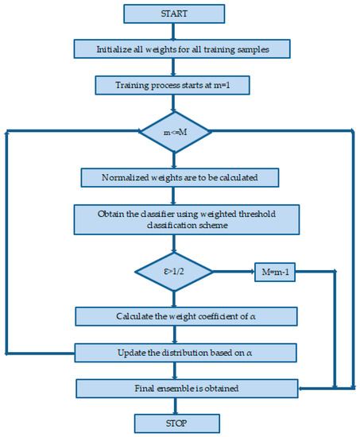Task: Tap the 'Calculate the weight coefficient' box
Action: [186, 316]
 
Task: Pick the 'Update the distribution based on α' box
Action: [186, 351]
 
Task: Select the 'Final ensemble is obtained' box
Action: [186, 388]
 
